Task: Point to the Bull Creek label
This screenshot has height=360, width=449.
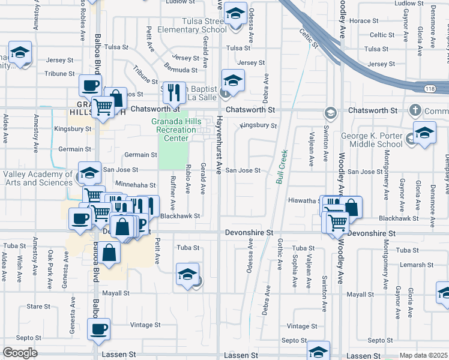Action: pyautogui.click(x=282, y=166)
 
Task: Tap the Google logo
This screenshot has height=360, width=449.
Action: pyautogui.click(x=20, y=353)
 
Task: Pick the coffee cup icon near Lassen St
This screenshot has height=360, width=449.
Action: pyautogui.click(x=99, y=328)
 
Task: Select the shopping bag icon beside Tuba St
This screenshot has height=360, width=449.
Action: pyautogui.click(x=110, y=252)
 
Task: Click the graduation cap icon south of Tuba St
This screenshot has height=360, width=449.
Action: pyautogui.click(x=187, y=274)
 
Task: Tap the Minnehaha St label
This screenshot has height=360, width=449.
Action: pyautogui.click(x=135, y=185)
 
